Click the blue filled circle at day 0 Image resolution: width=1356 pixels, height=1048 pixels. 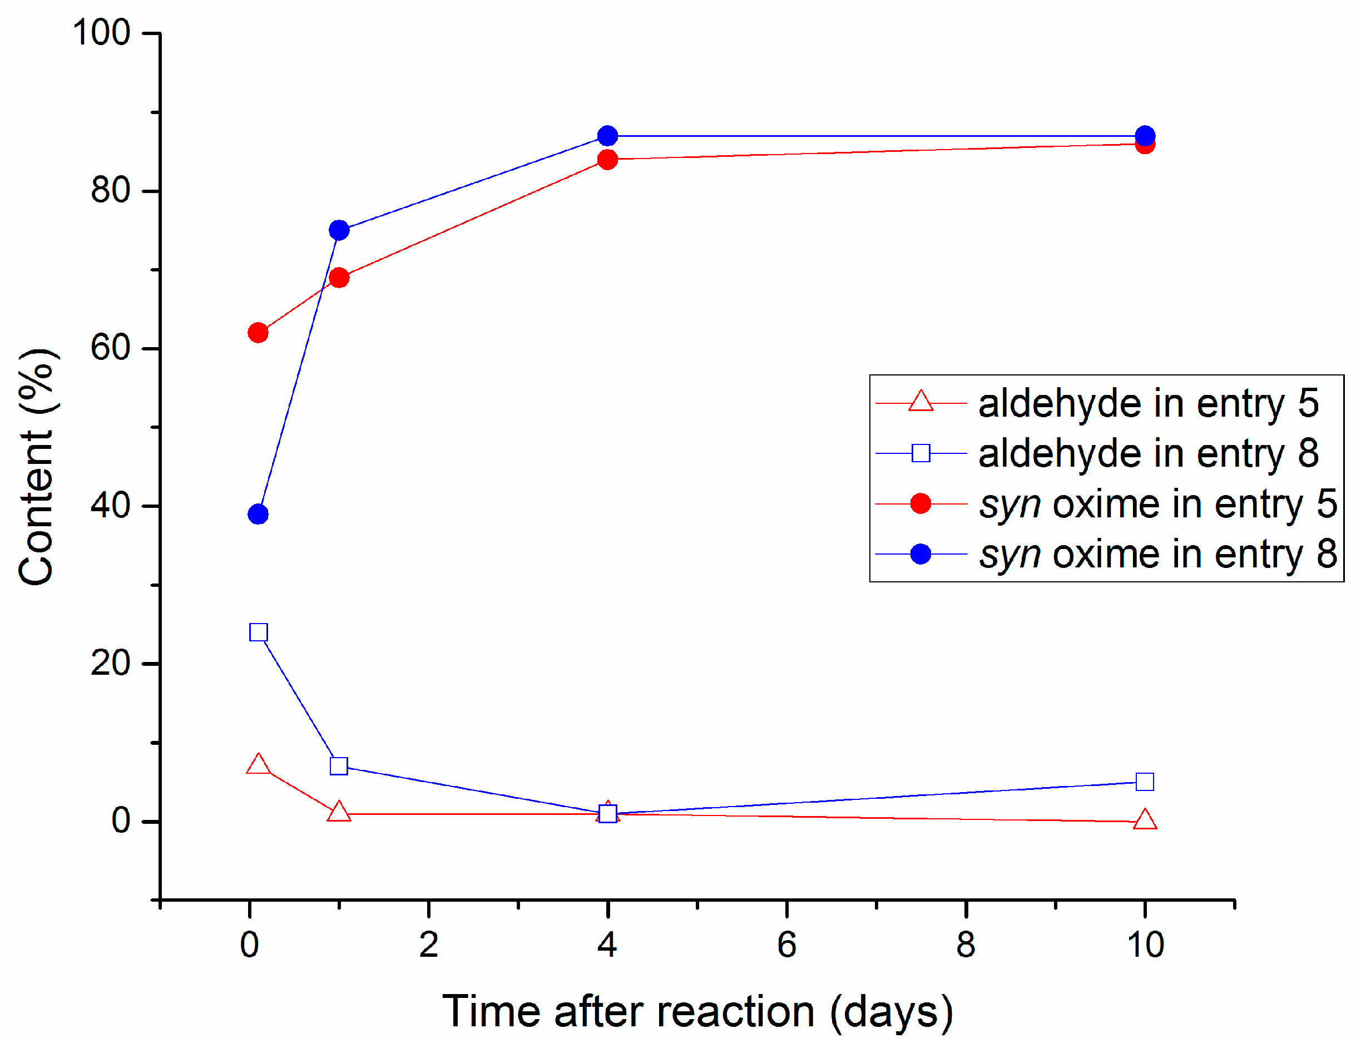tap(258, 514)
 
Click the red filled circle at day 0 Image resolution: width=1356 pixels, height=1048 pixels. tap(258, 333)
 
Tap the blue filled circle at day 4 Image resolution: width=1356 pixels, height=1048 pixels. tap(608, 136)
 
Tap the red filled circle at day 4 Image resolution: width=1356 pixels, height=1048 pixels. tap(608, 160)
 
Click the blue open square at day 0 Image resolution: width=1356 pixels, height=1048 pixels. tap(258, 632)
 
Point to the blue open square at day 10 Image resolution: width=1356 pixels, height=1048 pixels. tap(1145, 782)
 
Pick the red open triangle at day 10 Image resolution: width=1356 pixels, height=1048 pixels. tap(1145, 820)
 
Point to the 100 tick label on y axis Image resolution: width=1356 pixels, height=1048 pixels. tap(102, 32)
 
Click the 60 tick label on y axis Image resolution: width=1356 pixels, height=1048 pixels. tap(111, 348)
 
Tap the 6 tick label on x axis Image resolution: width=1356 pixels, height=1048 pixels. tap(786, 945)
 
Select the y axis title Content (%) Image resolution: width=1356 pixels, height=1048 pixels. tap(37, 466)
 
